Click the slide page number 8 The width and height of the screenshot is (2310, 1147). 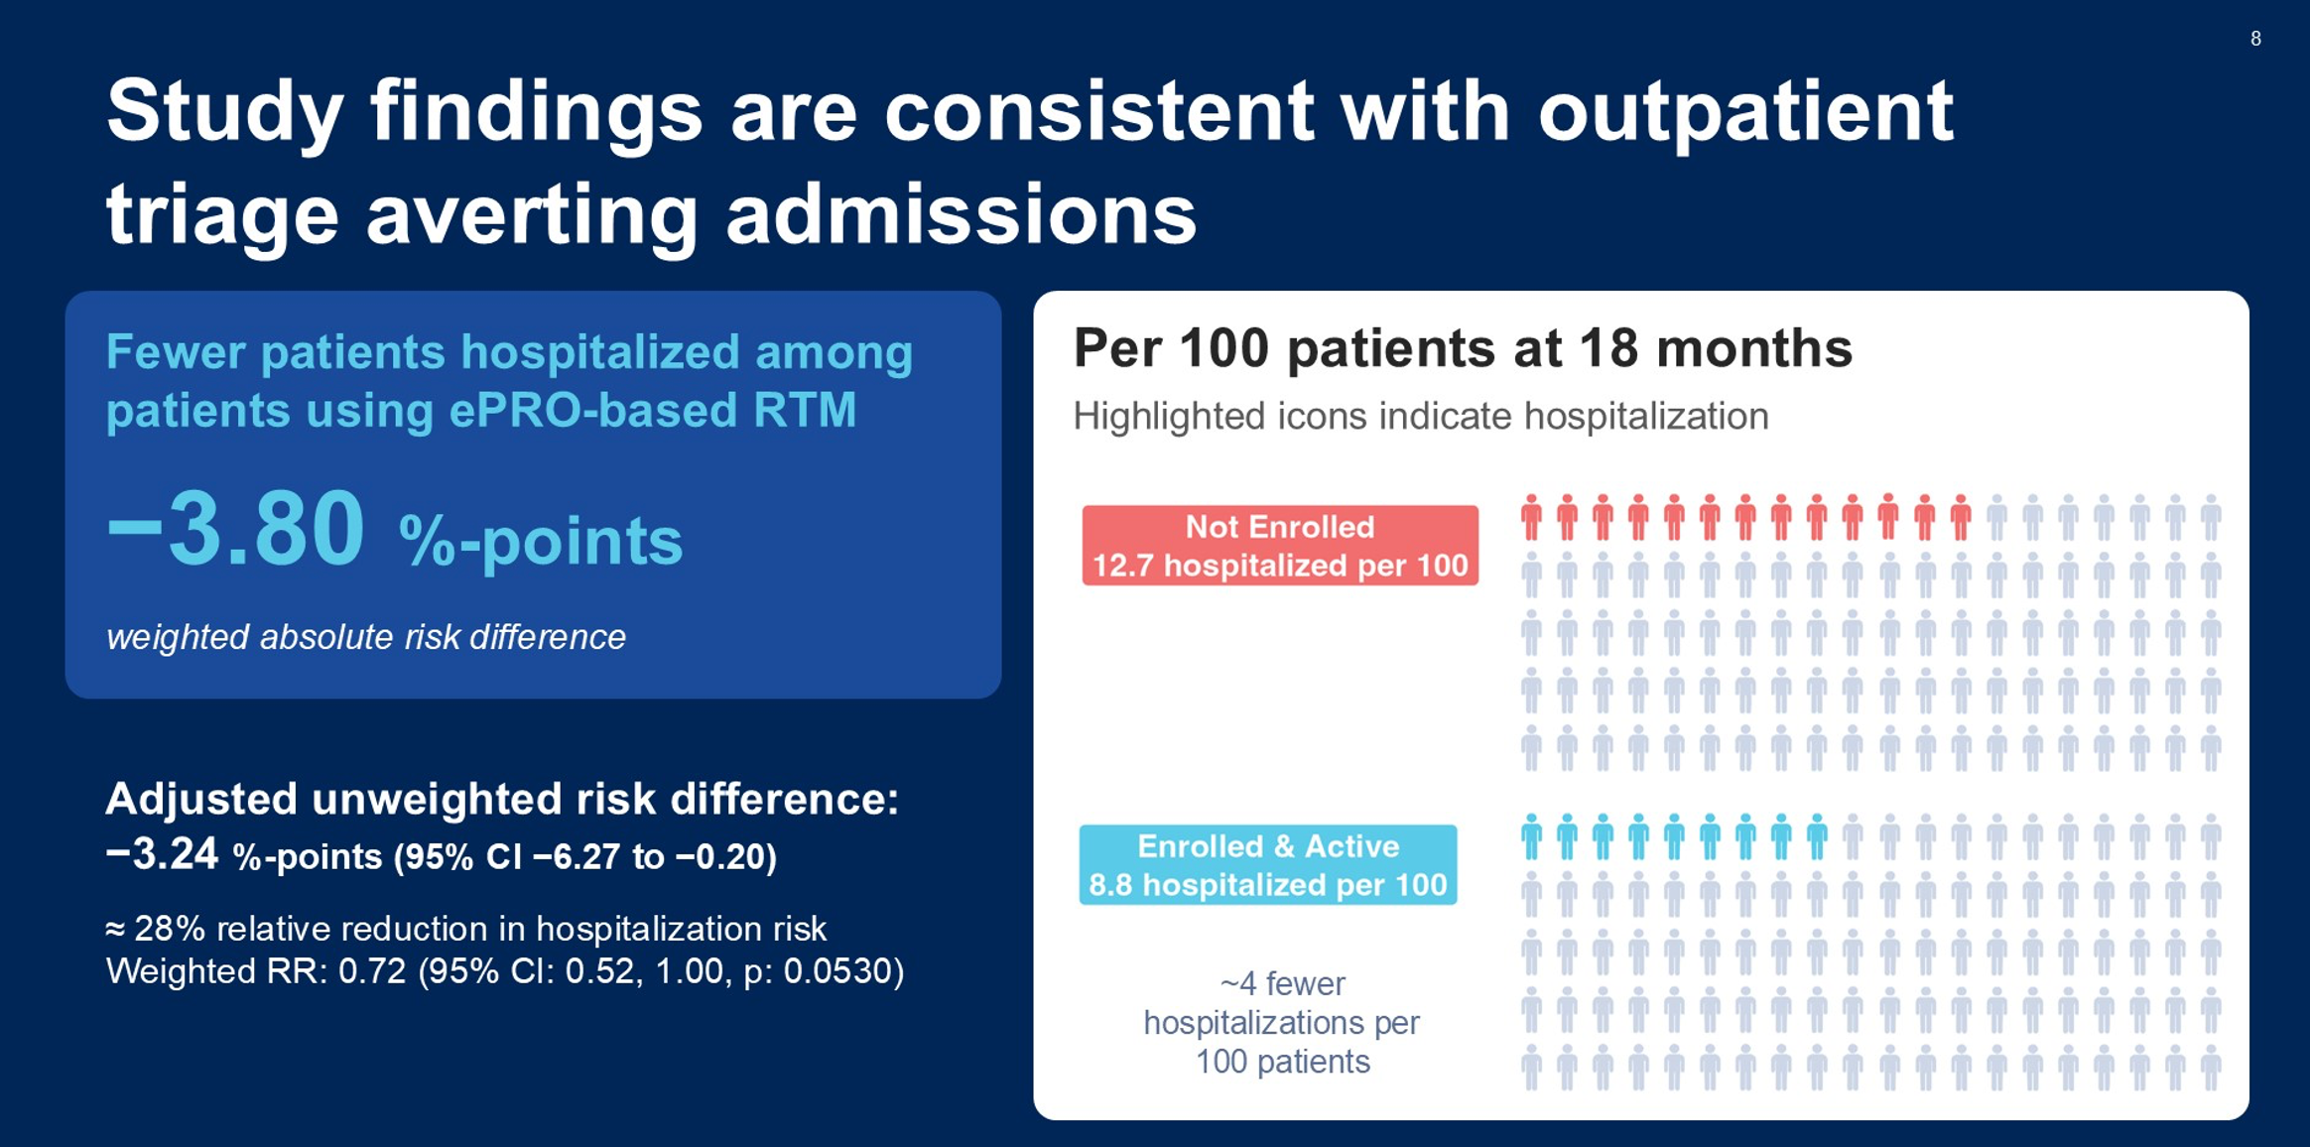click(x=2255, y=39)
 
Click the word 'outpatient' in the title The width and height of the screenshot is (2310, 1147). click(x=1745, y=111)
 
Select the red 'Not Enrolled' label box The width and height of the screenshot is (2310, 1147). click(x=1280, y=545)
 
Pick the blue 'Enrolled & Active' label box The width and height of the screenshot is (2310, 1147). click(x=1268, y=864)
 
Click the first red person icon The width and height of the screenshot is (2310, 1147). click(x=1532, y=517)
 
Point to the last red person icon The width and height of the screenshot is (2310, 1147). click(x=1961, y=517)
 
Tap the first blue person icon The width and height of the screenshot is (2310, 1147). click(x=1532, y=836)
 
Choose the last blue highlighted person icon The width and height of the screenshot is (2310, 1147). click(x=1818, y=836)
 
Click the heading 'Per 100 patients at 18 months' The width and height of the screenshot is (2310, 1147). click(x=1463, y=349)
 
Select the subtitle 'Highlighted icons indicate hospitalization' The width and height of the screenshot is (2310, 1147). click(x=1421, y=417)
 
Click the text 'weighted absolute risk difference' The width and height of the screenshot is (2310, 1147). click(x=366, y=637)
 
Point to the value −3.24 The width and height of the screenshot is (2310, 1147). click(x=162, y=853)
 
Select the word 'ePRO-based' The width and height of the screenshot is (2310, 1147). click(x=593, y=411)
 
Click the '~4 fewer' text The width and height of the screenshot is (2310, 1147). click(x=1282, y=983)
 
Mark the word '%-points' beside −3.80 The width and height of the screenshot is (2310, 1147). click(x=541, y=542)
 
